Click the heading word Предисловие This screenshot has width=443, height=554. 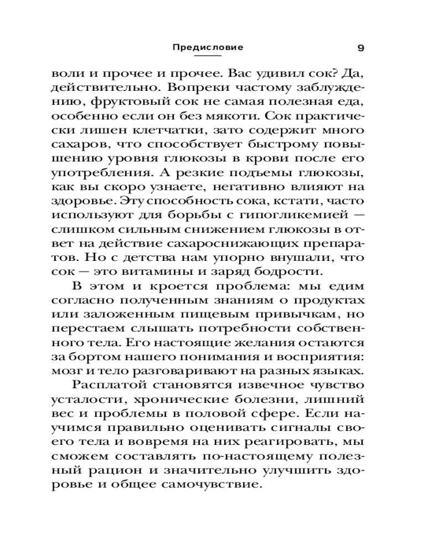pos(208,47)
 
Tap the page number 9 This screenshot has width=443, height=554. pos(360,48)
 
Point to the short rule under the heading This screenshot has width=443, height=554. pos(208,56)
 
